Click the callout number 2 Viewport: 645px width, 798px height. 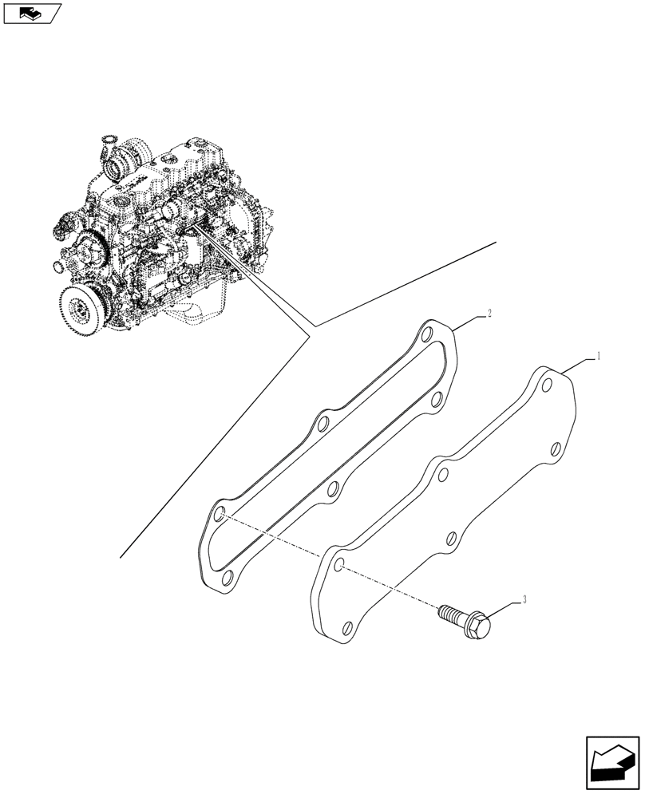[488, 314]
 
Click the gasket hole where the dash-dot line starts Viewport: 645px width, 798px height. [222, 516]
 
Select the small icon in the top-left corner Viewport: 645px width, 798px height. [31, 13]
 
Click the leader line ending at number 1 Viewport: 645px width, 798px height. [580, 362]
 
